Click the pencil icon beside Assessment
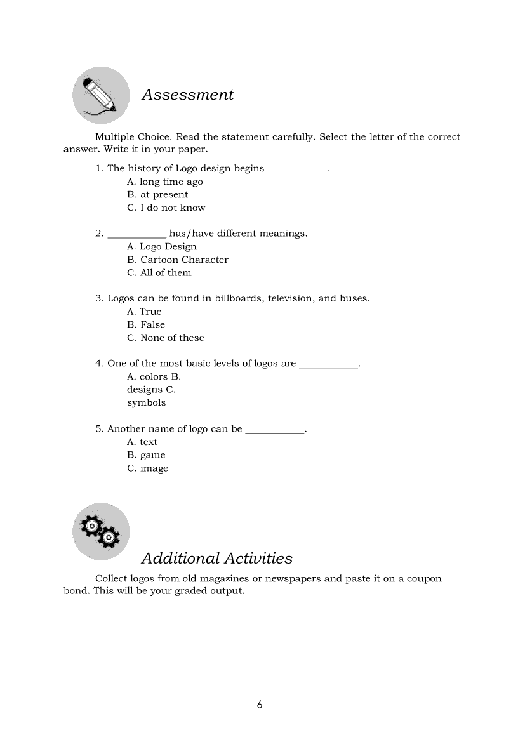pyautogui.click(x=101, y=95)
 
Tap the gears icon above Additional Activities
pyautogui.click(x=101, y=531)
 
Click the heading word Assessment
pyautogui.click(x=187, y=95)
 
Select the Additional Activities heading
pyautogui.click(x=216, y=559)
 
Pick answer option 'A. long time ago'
pyautogui.click(x=164, y=182)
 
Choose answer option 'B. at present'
pyautogui.click(x=157, y=195)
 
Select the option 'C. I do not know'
pyautogui.click(x=166, y=208)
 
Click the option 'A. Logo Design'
pyautogui.click(x=161, y=247)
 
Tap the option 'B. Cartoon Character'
pyautogui.click(x=177, y=260)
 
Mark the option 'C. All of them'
pyautogui.click(x=159, y=273)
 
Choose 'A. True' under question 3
pyautogui.click(x=144, y=312)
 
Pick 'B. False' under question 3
pyautogui.click(x=145, y=324)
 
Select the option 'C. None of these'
pyautogui.click(x=165, y=338)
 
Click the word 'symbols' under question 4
pyautogui.click(x=146, y=402)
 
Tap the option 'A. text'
pyautogui.click(x=142, y=442)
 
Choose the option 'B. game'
pyautogui.click(x=145, y=455)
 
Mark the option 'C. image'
pyautogui.click(x=147, y=468)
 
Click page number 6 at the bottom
pyautogui.click(x=260, y=705)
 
